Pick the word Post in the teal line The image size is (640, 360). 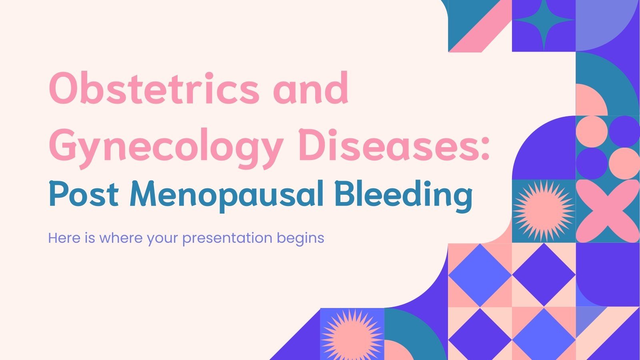click(83, 195)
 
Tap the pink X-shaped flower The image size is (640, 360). click(608, 211)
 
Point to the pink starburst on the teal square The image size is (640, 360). click(544, 211)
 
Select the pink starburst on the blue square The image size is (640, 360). click(352, 334)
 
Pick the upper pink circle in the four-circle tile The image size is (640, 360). click(592, 131)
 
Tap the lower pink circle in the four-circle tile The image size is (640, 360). click(624, 163)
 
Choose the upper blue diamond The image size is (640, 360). click(480, 275)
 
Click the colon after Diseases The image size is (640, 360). click(485, 146)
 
